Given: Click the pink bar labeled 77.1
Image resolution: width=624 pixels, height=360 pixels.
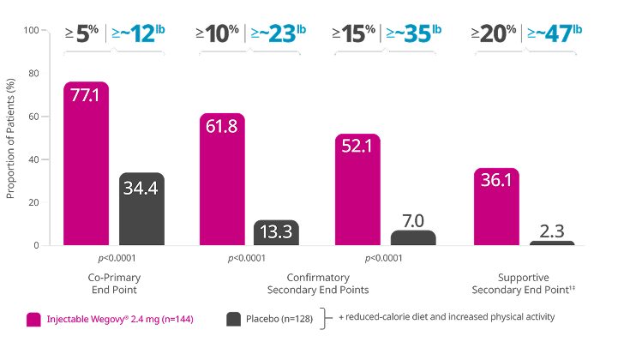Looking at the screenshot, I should [87, 163].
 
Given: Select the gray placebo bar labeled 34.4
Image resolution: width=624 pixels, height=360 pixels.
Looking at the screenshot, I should [141, 209].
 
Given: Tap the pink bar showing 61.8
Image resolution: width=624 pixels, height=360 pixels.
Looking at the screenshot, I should [222, 179].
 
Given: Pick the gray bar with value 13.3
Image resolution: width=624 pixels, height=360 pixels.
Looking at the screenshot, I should [276, 232].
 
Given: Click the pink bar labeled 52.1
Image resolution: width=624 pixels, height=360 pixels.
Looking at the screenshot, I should [357, 189].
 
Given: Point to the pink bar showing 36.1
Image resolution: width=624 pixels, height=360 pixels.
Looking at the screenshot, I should [496, 207].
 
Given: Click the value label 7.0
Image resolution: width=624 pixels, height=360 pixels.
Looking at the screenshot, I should [413, 221].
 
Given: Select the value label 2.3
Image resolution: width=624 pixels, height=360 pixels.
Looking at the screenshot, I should [551, 232].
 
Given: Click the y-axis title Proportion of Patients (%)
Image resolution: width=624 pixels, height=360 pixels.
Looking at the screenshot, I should [11, 137].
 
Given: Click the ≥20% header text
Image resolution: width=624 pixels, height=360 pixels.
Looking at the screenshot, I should [495, 34].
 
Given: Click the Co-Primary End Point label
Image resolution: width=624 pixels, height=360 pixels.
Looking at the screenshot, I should [114, 284].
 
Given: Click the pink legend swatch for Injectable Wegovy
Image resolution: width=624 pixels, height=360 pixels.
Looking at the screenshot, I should [33, 319].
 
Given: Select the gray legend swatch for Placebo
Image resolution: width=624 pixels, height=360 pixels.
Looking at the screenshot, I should [233, 319].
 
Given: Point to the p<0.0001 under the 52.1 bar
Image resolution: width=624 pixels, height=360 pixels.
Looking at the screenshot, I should [385, 258].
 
